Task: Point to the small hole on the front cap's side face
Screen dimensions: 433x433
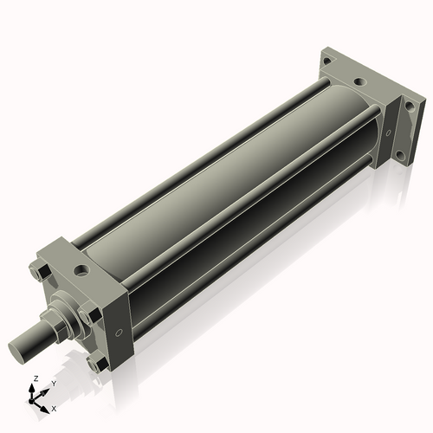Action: (119, 332)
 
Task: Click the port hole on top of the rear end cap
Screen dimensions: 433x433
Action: (359, 82)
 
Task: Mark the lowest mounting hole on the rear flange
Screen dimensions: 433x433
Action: (399, 156)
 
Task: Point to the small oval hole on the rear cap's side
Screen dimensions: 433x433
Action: (387, 132)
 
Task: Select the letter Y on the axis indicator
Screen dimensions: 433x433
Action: (53, 382)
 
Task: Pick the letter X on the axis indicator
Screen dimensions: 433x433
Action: (55, 408)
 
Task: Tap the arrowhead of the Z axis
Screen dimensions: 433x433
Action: (33, 389)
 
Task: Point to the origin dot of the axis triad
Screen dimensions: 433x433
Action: (34, 399)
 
